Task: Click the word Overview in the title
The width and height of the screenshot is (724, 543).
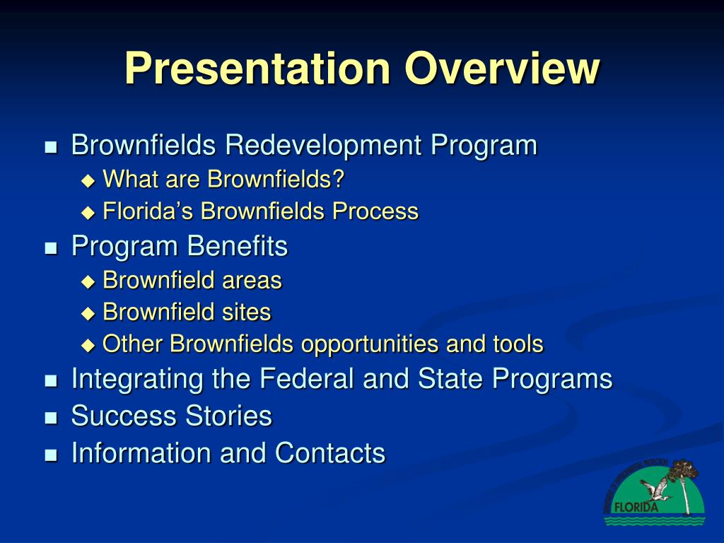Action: coord(502,69)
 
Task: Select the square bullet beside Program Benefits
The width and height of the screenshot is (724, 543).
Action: coord(50,248)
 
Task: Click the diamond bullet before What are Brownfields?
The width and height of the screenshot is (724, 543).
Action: coord(88,180)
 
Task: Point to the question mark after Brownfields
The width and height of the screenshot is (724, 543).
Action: coord(339,180)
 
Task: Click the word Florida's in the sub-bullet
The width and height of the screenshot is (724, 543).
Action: coord(148,211)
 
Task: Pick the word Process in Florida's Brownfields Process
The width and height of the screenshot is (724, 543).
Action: coord(379,211)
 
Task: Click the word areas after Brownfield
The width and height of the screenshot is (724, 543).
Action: coord(252,281)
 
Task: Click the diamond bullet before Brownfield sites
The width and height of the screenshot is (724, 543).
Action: coord(88,313)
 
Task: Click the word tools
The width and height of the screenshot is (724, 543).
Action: coord(518,344)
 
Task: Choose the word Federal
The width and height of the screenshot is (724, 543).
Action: coord(308,379)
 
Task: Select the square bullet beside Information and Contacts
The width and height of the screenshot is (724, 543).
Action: coord(50,454)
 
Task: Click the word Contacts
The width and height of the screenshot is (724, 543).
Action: coord(330,452)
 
